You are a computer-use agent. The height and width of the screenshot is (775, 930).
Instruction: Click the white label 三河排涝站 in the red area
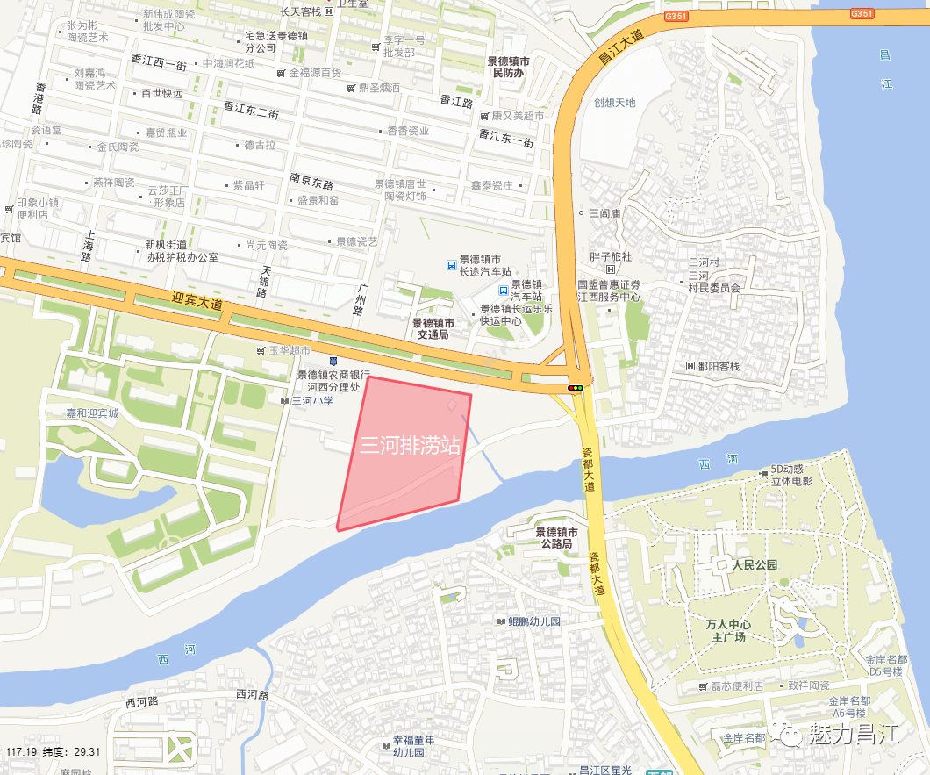[x=411, y=445]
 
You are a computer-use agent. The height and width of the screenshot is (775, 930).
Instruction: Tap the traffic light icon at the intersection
[x=576, y=387]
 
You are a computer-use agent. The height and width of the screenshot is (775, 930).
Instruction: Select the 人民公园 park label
[x=755, y=565]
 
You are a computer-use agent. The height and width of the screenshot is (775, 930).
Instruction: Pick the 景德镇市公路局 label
[x=556, y=538]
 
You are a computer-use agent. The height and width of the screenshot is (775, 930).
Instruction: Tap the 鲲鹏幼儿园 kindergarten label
[x=533, y=621]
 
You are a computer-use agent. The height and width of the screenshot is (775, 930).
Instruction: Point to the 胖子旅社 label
[x=610, y=257]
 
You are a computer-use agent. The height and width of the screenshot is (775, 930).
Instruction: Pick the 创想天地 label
[x=614, y=103]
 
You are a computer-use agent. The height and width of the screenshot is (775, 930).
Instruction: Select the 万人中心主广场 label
[x=728, y=631]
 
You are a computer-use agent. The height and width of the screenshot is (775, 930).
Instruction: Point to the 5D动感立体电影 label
[x=791, y=476]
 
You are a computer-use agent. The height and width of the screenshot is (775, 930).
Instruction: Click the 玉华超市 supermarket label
[x=290, y=350]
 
